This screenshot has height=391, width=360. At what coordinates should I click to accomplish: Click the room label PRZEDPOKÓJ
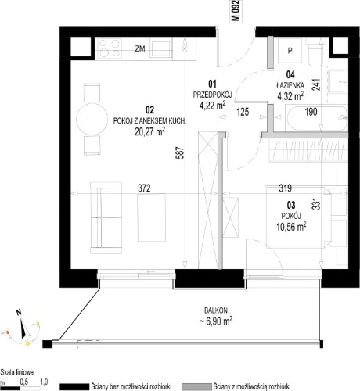point(212,95)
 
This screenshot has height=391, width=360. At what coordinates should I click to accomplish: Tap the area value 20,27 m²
point(149,131)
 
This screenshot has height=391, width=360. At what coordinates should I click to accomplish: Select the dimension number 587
point(181,153)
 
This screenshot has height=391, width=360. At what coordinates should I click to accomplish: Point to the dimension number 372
point(144,188)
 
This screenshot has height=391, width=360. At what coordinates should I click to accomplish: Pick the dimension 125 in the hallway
point(243,112)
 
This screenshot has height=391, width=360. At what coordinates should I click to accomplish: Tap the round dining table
point(92,119)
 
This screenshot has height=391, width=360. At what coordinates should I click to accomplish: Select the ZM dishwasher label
point(140,48)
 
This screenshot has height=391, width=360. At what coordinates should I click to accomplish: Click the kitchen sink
point(160,48)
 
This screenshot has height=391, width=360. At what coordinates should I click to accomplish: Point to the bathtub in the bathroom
point(316,117)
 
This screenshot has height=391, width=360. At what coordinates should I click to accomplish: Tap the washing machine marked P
point(290,51)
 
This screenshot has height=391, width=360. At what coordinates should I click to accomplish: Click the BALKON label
point(216,310)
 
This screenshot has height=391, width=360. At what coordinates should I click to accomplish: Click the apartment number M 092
point(236,11)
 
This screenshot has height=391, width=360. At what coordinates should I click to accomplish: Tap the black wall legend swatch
point(74,386)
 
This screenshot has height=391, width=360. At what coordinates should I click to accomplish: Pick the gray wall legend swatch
point(196,386)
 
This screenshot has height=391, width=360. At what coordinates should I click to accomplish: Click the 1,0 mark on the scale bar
point(44,382)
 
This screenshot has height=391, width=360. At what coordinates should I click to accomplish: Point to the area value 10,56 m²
point(291,227)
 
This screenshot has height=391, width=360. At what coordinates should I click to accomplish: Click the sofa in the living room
point(106,218)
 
